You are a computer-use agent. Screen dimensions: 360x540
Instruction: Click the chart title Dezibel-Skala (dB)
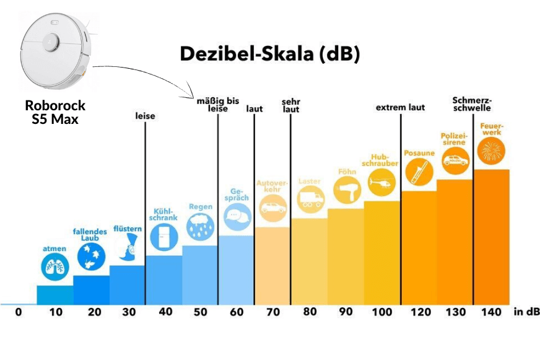(270, 54)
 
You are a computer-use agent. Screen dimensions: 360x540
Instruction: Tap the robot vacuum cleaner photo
(55, 52)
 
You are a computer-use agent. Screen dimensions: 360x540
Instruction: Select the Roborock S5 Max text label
(55, 112)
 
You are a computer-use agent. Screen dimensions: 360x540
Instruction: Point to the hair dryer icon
(346, 190)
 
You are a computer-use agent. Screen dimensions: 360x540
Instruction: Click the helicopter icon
(381, 182)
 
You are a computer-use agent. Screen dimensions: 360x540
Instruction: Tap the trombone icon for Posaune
(418, 172)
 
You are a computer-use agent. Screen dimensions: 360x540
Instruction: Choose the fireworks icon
(491, 151)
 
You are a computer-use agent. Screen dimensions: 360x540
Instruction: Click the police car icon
(455, 160)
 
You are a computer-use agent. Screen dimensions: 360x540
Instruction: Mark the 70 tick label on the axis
(272, 312)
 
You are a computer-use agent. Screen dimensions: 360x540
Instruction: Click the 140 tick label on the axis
(491, 312)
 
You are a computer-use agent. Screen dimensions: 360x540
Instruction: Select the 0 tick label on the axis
(19, 312)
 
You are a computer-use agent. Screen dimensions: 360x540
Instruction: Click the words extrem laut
(401, 107)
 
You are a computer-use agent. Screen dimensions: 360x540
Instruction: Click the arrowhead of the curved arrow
(194, 94)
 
